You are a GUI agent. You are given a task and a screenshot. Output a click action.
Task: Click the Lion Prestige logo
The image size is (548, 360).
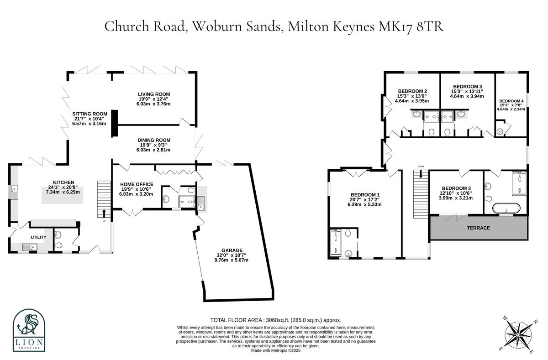click(x=29, y=329)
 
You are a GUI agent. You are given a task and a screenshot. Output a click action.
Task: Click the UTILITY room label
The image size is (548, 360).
click(x=39, y=237)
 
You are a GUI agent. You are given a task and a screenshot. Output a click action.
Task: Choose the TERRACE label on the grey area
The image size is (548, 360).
click(x=478, y=228)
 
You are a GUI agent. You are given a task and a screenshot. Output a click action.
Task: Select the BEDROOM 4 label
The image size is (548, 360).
click(x=511, y=101)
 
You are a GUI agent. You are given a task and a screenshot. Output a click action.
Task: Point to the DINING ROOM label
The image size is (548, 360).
click(x=154, y=140)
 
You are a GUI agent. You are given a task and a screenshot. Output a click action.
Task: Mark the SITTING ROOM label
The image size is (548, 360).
click(x=90, y=114)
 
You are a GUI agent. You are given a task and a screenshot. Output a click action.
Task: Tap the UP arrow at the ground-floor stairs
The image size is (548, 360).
click(x=104, y=213)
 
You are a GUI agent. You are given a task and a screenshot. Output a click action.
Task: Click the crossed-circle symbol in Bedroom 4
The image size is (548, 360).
click(x=500, y=131)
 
